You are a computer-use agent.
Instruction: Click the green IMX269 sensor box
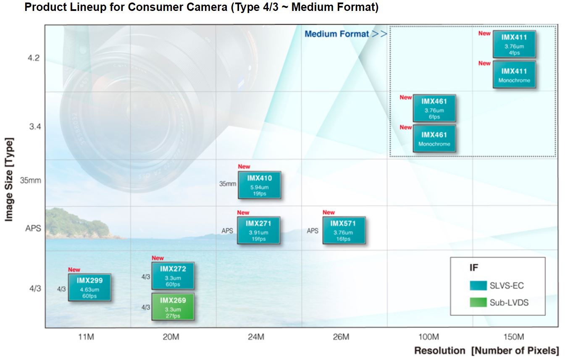tap(173, 307)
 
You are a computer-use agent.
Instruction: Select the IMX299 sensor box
tap(89, 287)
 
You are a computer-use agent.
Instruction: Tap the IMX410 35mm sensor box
tap(259, 185)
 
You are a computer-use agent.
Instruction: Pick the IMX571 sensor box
tap(344, 230)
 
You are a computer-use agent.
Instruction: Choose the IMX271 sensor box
tap(258, 230)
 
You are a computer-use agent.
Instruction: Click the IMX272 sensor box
tap(173, 276)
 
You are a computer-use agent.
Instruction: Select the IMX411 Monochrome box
tap(514, 75)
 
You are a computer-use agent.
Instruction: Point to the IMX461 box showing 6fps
tap(434, 108)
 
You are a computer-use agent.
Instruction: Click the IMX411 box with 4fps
tap(514, 44)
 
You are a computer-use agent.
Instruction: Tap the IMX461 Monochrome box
tap(434, 139)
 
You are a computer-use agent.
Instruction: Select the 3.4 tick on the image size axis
tap(34, 126)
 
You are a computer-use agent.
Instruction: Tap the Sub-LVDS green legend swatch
tap(478, 302)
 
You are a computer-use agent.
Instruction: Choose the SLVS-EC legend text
tap(507, 286)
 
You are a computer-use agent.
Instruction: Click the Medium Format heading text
tap(336, 34)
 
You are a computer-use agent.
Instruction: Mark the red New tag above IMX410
tap(244, 167)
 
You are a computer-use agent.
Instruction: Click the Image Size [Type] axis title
tap(9, 179)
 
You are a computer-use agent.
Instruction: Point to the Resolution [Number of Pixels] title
tap(486, 351)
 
